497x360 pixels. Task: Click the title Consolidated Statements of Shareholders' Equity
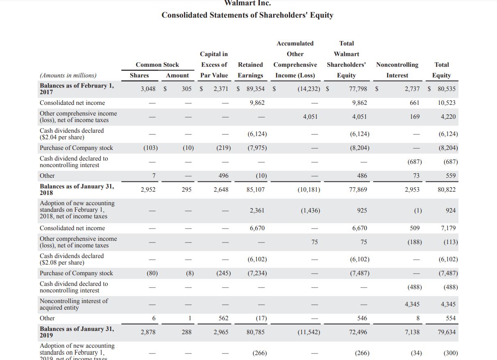(x=247, y=15)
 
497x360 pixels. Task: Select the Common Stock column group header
(x=157, y=65)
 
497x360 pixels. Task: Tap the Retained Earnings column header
(x=250, y=70)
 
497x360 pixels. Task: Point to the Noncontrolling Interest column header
(x=397, y=70)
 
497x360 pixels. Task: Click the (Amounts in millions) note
(x=68, y=75)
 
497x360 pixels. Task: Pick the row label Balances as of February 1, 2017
(x=77, y=88)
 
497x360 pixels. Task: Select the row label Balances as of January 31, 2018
(x=77, y=189)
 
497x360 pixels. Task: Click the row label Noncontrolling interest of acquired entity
(x=74, y=304)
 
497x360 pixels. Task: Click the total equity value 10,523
(x=446, y=103)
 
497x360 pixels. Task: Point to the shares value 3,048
(x=148, y=89)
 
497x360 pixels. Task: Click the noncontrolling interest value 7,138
(x=412, y=332)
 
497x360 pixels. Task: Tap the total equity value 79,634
(x=446, y=332)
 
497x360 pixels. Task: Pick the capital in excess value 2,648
(x=221, y=190)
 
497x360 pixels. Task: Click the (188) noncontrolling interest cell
(x=414, y=242)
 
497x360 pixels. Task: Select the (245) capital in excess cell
(x=223, y=273)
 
